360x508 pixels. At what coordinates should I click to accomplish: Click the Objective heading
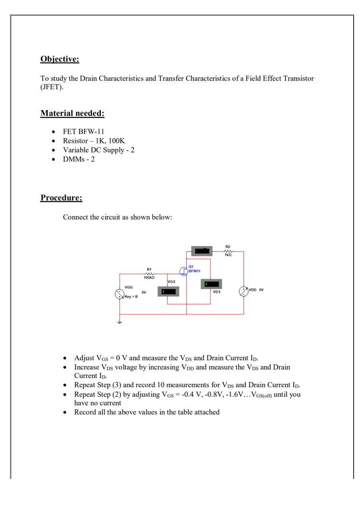60,59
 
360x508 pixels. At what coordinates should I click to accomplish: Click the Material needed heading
72,113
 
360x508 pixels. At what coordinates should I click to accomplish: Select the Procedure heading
61,198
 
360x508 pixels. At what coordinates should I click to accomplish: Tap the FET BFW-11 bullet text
84,131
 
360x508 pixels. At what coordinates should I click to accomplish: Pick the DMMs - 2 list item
79,159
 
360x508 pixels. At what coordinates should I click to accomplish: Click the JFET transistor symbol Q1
184,271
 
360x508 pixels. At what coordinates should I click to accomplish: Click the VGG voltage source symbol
120,295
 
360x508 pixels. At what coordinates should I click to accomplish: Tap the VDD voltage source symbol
243,291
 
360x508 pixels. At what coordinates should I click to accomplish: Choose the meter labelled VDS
212,284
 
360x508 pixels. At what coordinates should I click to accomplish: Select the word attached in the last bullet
207,412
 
